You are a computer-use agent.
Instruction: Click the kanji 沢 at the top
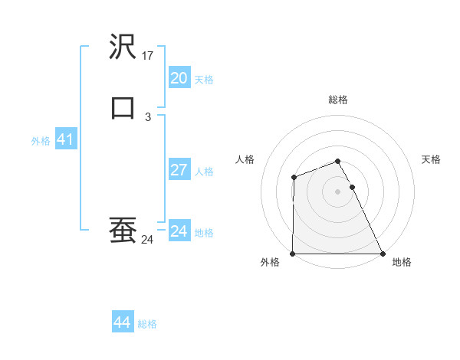[x=123, y=47]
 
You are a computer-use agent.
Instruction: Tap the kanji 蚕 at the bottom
[x=123, y=230]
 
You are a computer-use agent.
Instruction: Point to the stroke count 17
[x=149, y=56]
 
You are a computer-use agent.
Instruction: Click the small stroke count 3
[x=148, y=116]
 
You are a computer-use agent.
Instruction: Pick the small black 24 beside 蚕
[x=148, y=240]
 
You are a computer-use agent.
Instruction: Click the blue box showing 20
[x=179, y=78]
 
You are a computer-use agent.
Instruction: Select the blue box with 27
[x=179, y=170]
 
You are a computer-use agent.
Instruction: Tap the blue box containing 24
[x=179, y=231]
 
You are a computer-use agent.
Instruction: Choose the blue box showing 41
[x=65, y=140]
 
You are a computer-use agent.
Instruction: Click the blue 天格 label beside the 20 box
[x=204, y=80]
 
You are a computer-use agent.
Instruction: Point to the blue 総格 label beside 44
[x=147, y=324]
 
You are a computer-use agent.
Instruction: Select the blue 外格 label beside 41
[x=41, y=141]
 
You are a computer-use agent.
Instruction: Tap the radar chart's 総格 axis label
[x=338, y=100]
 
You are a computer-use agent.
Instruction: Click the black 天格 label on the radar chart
[x=432, y=159]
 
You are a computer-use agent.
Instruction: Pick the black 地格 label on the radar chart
[x=402, y=262]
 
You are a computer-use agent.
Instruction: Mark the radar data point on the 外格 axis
[x=293, y=254]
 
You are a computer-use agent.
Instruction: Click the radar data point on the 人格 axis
[x=294, y=178]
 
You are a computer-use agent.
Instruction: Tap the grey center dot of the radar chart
[x=338, y=191]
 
